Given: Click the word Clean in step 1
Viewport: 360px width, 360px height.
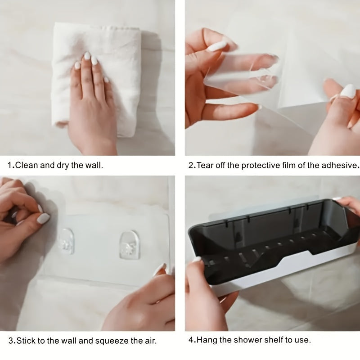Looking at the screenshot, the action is point(27,165).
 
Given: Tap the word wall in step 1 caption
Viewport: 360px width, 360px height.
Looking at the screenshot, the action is point(94,165).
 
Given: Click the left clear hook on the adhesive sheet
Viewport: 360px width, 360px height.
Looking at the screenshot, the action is point(66,241).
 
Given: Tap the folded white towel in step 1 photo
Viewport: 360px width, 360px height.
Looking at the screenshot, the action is point(96,78).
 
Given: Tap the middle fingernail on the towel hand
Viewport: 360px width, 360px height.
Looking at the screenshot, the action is point(87,56).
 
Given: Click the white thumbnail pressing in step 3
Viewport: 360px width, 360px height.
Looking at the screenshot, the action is point(43,218).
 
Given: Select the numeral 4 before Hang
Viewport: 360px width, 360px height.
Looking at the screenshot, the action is point(191,340).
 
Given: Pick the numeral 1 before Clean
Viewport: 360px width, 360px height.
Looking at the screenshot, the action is point(9,165).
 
